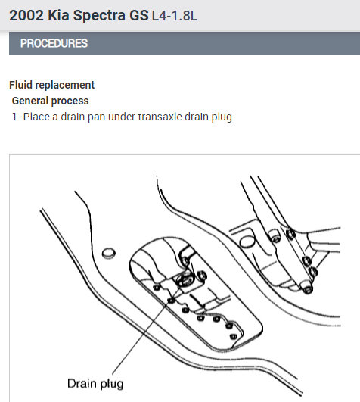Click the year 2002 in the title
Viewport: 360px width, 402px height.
[26, 15]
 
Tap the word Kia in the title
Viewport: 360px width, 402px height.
[59, 15]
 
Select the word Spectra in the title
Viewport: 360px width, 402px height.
[99, 16]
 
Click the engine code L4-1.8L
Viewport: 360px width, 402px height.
[175, 16]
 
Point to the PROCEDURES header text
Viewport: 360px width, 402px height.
[54, 43]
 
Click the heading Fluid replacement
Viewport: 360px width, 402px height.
[51, 85]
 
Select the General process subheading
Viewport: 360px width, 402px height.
[50, 101]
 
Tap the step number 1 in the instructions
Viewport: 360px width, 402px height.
[16, 117]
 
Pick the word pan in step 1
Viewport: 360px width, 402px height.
[96, 117]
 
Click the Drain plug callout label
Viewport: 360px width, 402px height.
[95, 384]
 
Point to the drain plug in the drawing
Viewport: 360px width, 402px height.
[185, 280]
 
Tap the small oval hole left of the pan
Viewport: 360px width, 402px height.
[109, 253]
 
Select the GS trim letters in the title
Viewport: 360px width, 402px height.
[138, 15]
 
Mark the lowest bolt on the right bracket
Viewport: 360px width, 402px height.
[307, 289]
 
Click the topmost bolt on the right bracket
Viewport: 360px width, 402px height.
[290, 234]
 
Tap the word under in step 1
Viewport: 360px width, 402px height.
[122, 117]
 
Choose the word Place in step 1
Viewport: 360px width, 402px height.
[36, 117]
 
